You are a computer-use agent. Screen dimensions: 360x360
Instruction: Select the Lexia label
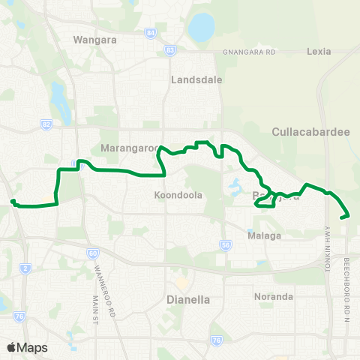click(324, 52)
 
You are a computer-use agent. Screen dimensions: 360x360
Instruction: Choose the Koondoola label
click(178, 195)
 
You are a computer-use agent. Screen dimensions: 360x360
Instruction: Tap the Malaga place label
click(264, 235)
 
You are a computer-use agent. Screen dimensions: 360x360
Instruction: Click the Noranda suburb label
click(274, 297)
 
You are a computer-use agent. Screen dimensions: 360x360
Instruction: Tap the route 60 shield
click(92, 253)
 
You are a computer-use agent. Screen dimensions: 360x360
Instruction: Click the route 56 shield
click(224, 244)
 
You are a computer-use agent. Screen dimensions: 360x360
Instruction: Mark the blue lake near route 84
click(201, 28)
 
